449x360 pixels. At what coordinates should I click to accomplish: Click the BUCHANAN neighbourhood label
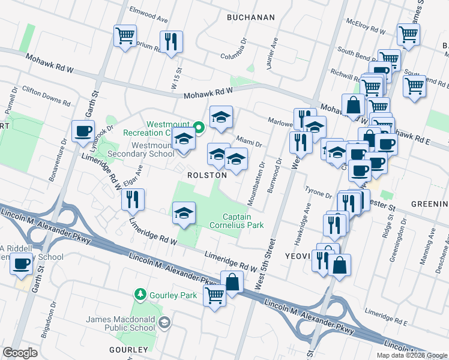click(250, 17)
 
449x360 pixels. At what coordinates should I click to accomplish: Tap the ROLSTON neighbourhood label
click(207, 175)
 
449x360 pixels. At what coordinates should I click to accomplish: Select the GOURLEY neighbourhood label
click(128, 349)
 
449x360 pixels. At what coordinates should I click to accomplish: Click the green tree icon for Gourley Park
click(140, 294)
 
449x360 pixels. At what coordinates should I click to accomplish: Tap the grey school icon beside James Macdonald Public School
click(163, 324)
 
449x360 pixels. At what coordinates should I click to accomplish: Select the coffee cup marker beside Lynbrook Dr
click(83, 131)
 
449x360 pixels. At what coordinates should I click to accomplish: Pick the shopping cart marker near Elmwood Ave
click(125, 36)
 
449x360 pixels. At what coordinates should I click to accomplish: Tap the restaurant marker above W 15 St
click(171, 41)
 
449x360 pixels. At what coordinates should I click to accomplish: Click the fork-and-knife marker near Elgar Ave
click(133, 200)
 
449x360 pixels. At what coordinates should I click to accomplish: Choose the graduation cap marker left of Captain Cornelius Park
click(184, 213)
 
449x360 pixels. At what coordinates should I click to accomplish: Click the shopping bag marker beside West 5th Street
click(232, 281)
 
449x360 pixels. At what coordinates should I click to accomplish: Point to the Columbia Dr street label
click(234, 49)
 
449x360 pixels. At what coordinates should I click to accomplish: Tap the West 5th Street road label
click(267, 264)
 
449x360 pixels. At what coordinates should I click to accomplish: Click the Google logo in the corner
click(20, 353)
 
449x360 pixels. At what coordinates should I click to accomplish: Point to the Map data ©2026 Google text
click(411, 355)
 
